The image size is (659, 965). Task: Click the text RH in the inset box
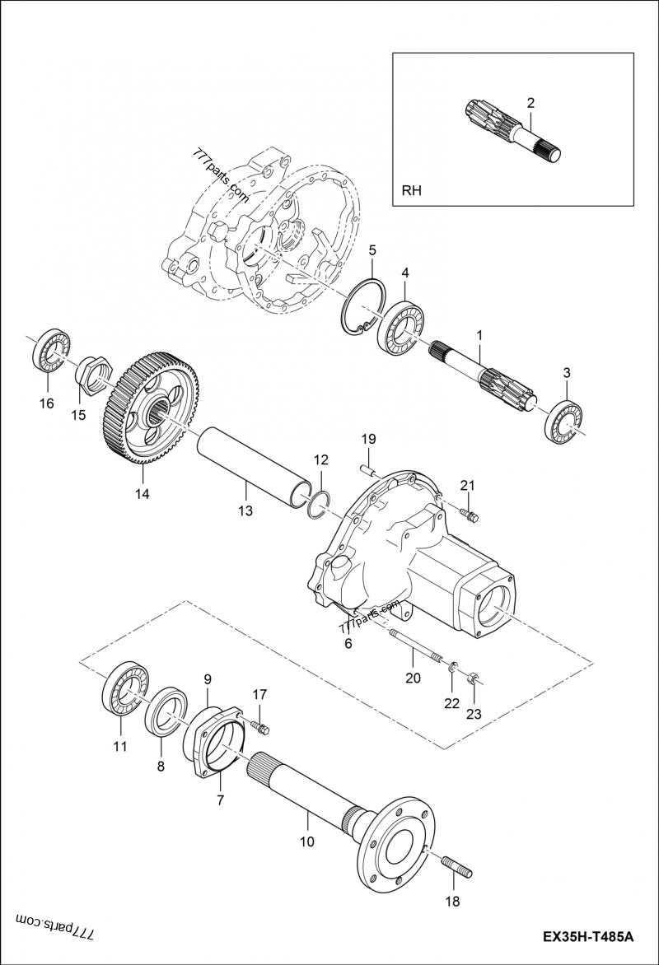(411, 191)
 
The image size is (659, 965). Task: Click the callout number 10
(307, 841)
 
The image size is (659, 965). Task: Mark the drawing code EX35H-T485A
(587, 937)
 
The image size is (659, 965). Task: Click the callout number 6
(348, 643)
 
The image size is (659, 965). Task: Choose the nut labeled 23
(473, 678)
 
